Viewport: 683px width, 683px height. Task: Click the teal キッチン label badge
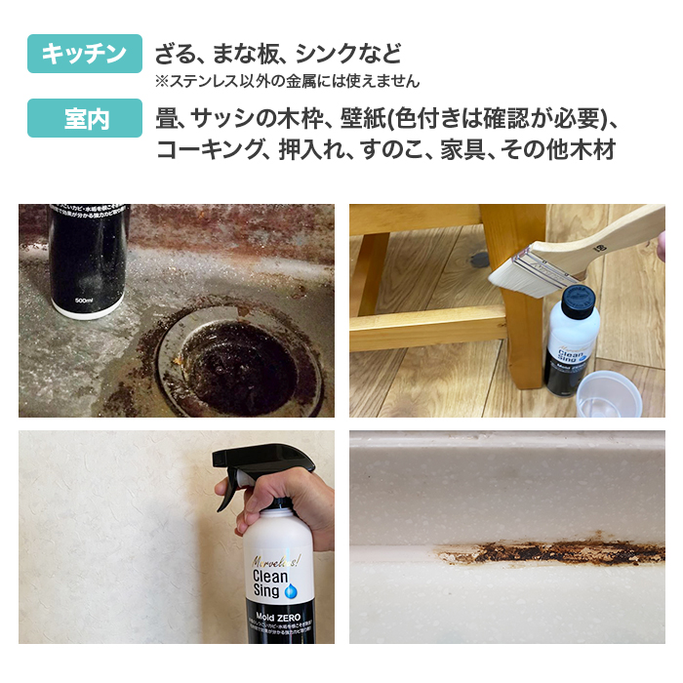pyautogui.click(x=85, y=54)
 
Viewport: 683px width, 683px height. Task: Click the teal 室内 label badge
pyautogui.click(x=85, y=119)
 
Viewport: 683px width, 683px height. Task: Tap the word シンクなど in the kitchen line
pyautogui.click(x=347, y=54)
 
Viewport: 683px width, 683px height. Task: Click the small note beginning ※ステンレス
pyautogui.click(x=287, y=81)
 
